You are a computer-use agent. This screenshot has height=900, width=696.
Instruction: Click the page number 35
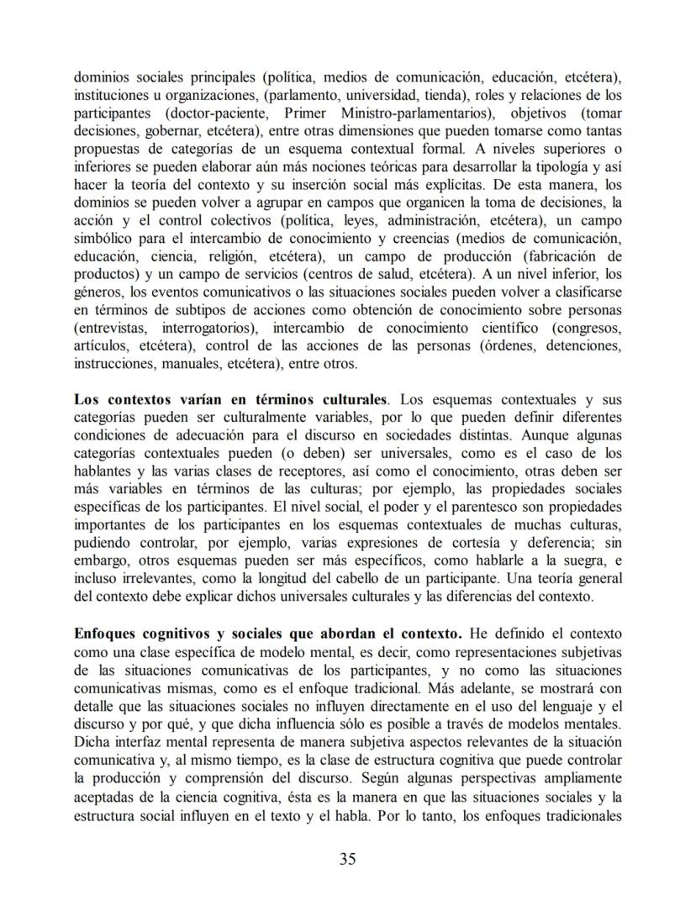pos(348,858)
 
